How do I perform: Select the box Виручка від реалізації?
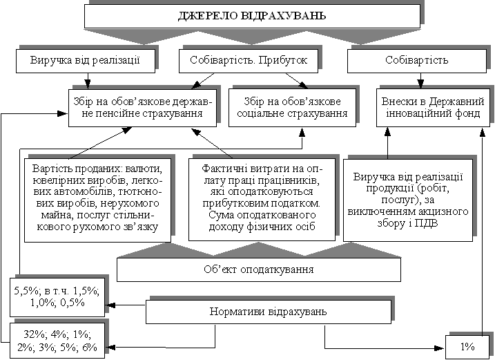pyautogui.click(x=86, y=60)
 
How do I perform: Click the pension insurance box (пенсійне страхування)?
pyautogui.click(x=143, y=106)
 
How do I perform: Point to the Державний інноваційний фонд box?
pyautogui.click(x=433, y=106)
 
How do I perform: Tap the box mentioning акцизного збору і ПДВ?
pyautogui.click(x=408, y=199)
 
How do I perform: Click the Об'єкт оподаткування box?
pyautogui.click(x=258, y=269)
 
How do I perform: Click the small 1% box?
pyautogui.click(x=468, y=346)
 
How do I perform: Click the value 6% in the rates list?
pyautogui.click(x=88, y=346)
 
